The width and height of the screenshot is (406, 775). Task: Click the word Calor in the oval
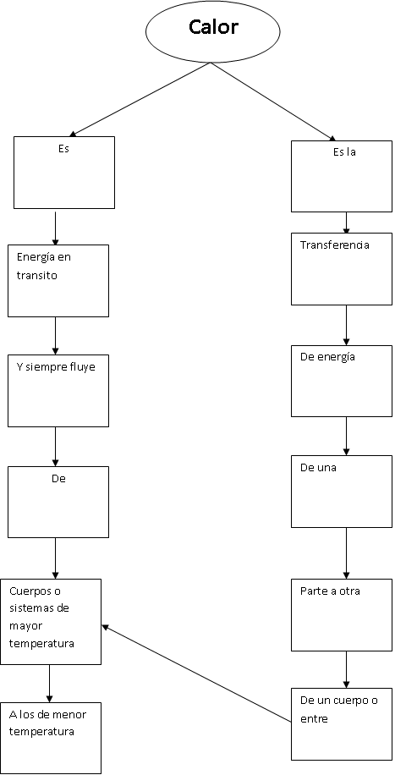(x=213, y=27)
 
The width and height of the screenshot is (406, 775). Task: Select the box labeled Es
(x=64, y=173)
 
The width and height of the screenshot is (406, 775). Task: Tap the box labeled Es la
(x=342, y=177)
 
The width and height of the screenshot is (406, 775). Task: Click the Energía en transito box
(x=58, y=281)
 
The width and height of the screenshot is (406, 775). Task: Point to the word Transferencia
(x=334, y=245)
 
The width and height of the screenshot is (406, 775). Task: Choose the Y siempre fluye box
(x=58, y=391)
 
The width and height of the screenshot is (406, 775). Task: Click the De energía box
(x=342, y=381)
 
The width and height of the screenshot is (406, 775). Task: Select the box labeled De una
(x=342, y=492)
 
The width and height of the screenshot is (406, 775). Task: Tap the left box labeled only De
(x=58, y=503)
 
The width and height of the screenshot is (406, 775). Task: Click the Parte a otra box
(x=342, y=615)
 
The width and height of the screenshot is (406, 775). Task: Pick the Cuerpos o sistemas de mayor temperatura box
(x=51, y=622)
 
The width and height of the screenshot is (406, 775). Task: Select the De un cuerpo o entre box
(x=342, y=724)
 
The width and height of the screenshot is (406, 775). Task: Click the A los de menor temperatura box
(x=51, y=738)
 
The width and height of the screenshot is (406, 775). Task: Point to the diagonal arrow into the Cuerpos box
(x=196, y=674)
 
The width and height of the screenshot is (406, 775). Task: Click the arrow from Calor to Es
(x=140, y=99)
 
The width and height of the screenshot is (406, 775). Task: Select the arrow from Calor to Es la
(x=274, y=102)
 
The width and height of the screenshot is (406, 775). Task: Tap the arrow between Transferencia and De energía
(x=346, y=325)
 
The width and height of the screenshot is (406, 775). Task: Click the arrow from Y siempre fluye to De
(x=55, y=447)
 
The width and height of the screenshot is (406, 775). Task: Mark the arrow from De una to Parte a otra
(x=346, y=553)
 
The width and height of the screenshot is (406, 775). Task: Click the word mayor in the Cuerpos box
(x=25, y=627)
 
